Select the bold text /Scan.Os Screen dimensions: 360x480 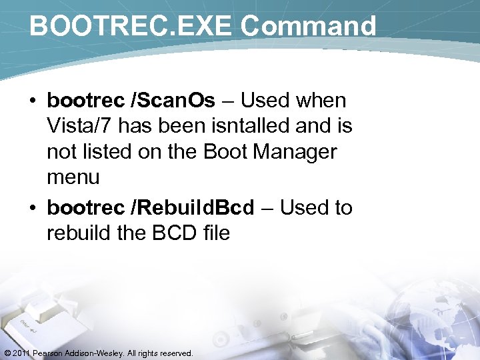click(x=174, y=101)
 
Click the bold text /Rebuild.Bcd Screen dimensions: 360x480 click(x=193, y=208)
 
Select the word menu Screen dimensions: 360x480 click(x=73, y=177)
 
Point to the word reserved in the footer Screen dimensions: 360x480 click(x=175, y=353)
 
